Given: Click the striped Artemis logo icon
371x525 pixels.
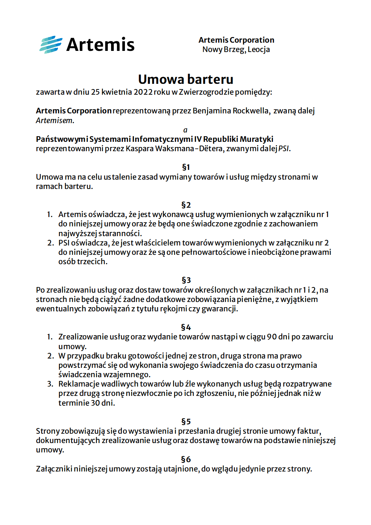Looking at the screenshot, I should click(51, 45).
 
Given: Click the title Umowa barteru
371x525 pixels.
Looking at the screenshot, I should click(185, 79).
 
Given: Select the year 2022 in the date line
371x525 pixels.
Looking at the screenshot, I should click(143, 92).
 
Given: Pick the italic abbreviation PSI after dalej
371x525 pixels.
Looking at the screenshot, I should click(284, 149).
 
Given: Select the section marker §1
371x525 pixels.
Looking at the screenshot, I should click(186, 167).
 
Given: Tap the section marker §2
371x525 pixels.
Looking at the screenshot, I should click(186, 205).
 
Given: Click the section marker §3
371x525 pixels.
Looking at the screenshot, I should click(186, 280).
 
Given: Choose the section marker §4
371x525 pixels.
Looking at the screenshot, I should click(186, 327).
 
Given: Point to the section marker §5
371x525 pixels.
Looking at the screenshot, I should click(186, 422).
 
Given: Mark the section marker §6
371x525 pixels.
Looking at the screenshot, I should click(186, 460).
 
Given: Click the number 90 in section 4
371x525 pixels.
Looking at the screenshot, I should click(272, 337).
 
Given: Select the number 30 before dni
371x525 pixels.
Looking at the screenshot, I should click(95, 403).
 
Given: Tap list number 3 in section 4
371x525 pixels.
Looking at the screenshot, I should click(50, 384).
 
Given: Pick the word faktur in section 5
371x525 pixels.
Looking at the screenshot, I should click(309, 431).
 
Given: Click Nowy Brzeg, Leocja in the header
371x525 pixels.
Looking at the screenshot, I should click(236, 49).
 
